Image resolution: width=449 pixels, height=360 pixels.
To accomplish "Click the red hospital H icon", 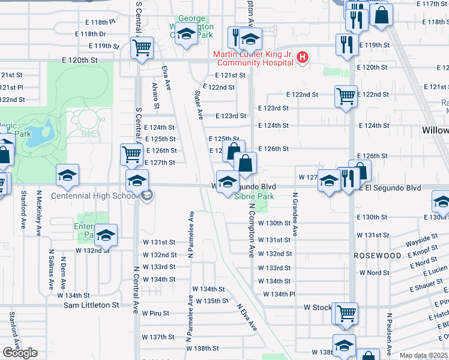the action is click(x=303, y=58).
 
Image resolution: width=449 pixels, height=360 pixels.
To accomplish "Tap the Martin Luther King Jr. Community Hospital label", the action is click(x=255, y=58).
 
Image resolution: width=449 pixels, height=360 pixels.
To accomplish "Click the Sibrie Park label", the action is click(x=254, y=196).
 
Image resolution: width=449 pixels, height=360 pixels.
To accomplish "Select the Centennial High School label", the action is click(x=94, y=196).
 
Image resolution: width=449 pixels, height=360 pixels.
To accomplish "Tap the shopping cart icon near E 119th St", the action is click(x=142, y=47).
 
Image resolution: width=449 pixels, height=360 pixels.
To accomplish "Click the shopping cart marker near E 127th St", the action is click(x=131, y=154).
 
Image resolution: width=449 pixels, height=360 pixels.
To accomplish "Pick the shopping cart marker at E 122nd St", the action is click(x=346, y=95).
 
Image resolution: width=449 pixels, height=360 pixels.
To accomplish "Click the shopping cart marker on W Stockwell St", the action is click(x=346, y=312).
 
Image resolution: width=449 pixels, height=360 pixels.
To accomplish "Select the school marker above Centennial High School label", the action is click(x=137, y=180).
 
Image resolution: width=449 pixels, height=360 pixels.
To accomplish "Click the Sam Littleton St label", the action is click(x=92, y=305).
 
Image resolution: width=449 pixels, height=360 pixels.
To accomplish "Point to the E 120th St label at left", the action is click(x=80, y=61).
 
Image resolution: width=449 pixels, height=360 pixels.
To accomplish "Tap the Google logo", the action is click(x=20, y=353).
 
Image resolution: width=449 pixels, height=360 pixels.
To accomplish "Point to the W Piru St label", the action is click(x=156, y=313).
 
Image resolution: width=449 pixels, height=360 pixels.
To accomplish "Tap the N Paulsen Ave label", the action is click(x=390, y=332).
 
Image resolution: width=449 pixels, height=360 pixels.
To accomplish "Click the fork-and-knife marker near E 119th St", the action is click(x=347, y=44).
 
